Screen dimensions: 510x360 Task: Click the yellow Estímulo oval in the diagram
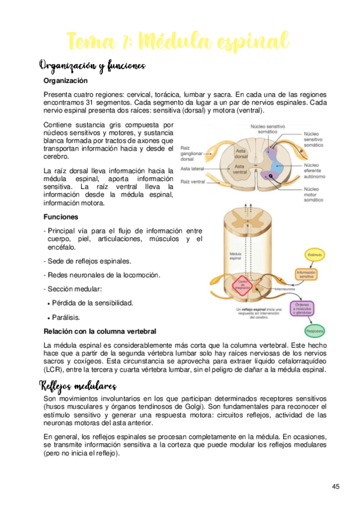pos(316,255)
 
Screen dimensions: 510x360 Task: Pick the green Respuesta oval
pos(315,331)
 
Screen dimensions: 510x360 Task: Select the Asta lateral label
pos(194,168)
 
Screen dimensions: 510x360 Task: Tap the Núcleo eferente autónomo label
pos(316,171)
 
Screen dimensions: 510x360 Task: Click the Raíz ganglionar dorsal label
pos(192,153)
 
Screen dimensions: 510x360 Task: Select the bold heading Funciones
pos(61,217)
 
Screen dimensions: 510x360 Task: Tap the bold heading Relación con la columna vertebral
pos(100,331)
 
